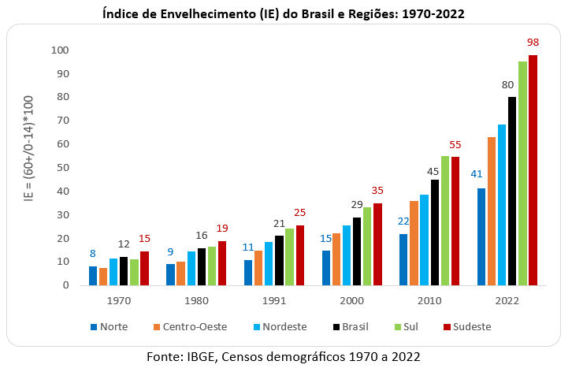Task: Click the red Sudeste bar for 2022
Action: pyautogui.click(x=533, y=170)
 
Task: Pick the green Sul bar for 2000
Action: pyautogui.click(x=367, y=246)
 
